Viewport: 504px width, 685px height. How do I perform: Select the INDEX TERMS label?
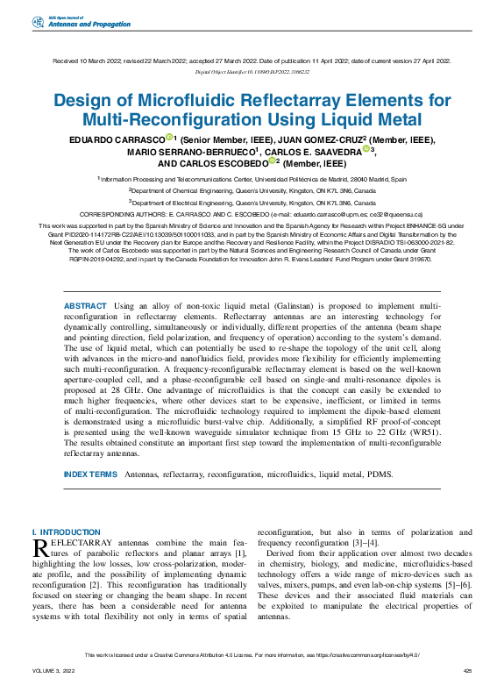pyautogui.click(x=90, y=475)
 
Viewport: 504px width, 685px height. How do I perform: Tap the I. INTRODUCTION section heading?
pyautogui.click(x=66, y=532)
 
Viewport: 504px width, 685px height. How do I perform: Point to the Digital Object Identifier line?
pyautogui.click(x=252, y=72)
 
